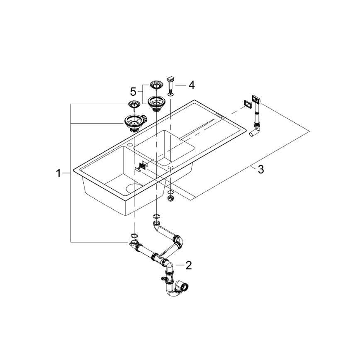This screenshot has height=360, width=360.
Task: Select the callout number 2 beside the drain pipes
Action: [189, 265]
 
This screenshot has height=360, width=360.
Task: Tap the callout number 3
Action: [260, 170]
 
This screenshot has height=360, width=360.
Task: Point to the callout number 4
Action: [191, 85]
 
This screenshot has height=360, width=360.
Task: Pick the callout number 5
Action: [133, 91]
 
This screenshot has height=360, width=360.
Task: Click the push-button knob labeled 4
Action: [170, 78]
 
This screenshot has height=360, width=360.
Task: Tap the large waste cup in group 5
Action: [156, 102]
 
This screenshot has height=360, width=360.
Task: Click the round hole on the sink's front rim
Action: [170, 167]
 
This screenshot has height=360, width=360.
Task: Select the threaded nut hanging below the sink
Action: [170, 199]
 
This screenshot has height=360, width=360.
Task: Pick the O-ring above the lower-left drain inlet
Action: [134, 236]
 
